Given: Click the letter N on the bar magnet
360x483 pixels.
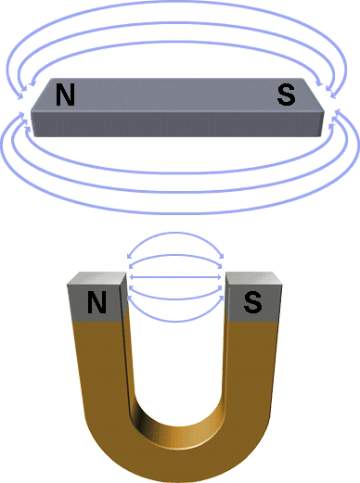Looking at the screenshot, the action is (x=65, y=95).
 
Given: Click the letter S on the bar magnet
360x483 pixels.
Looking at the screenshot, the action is (x=286, y=95).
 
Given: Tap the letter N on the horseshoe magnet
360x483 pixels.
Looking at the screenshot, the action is (x=96, y=302).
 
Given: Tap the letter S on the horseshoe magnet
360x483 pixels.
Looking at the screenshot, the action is (x=252, y=302).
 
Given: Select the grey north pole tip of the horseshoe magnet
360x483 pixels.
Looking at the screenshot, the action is (x=96, y=297).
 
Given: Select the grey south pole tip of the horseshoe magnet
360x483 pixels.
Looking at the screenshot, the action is (x=253, y=297).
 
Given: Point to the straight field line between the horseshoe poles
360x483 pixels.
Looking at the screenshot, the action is (x=175, y=277).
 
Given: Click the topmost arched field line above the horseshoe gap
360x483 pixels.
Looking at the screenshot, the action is (x=175, y=233).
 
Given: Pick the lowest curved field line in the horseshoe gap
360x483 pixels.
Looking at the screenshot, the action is (x=175, y=321).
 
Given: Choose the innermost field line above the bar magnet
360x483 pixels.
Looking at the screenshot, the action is (x=174, y=42).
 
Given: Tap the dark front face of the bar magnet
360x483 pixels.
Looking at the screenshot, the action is (x=177, y=124).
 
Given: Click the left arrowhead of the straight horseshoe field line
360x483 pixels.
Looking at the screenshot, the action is (x=130, y=277).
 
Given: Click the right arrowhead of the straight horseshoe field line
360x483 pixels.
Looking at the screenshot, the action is (x=220, y=277).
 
